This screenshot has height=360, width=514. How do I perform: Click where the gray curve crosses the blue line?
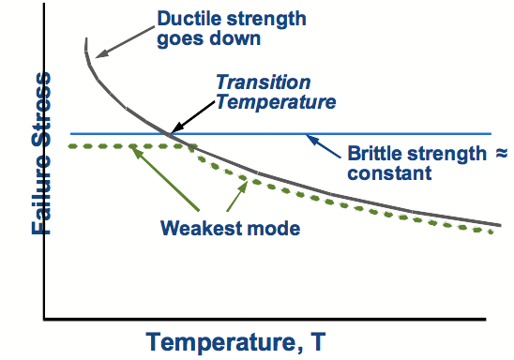[x=169, y=134]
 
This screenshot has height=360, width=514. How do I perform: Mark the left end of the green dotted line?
[x=70, y=146]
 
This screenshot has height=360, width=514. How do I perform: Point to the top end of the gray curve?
[x=86, y=40]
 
